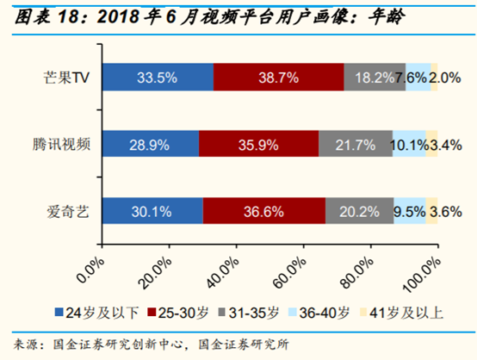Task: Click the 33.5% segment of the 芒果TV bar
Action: coord(157,77)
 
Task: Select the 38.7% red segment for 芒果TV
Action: coord(278,77)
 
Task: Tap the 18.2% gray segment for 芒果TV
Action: coord(375,77)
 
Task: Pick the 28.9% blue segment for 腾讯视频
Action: coord(149,143)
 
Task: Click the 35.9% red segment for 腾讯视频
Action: coord(258,143)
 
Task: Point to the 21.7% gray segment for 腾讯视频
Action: coord(355,143)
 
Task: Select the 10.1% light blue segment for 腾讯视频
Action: coord(409,143)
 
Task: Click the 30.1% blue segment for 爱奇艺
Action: coord(152,209)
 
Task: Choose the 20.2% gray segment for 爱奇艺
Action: coord(359,209)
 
